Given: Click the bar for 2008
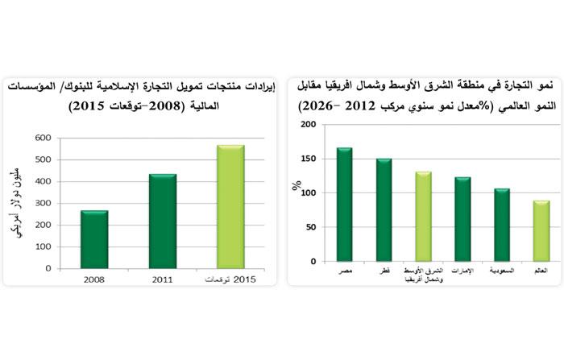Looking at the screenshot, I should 94,239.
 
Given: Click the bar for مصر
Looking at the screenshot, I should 344,205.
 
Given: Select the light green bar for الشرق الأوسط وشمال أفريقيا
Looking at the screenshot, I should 423,217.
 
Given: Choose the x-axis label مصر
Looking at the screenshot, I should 344,272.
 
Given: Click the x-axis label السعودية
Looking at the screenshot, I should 502,272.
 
